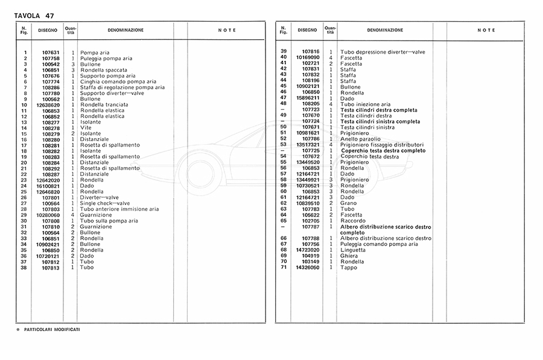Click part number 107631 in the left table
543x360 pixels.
pos(51,52)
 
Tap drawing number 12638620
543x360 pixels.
pos(48,105)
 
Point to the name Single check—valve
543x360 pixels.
pos(106,203)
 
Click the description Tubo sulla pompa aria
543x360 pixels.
pos(109,221)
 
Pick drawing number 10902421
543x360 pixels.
pos(48,244)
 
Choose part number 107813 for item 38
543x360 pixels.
pos(51,267)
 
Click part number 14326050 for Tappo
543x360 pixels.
pos(308,267)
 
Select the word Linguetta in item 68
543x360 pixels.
pos(353,250)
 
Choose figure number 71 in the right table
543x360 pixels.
pos(283,267)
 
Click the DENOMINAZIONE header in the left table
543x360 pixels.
pos(125,30)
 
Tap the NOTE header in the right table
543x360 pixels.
pos(486,30)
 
